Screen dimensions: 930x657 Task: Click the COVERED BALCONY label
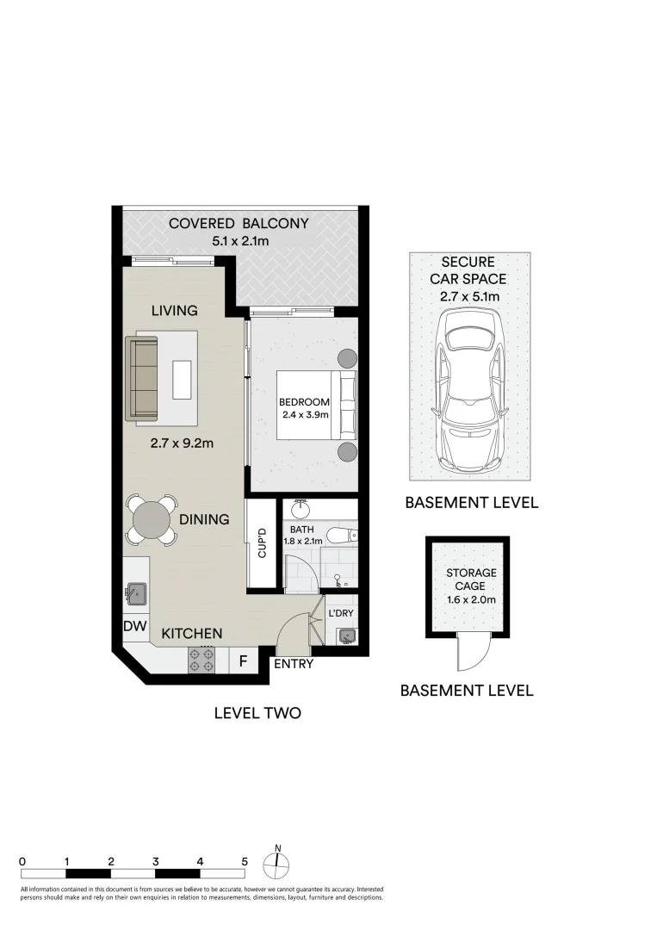coord(239,224)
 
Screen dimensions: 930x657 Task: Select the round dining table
coord(152,519)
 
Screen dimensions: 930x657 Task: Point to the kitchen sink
coord(136,593)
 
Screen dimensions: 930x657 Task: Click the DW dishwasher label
coord(133,627)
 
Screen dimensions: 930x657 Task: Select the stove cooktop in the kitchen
coord(201,660)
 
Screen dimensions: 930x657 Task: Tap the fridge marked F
coord(243,661)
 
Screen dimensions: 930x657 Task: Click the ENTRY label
coord(293,664)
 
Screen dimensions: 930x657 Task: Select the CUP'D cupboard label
coord(263,542)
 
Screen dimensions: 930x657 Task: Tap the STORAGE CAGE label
coord(470,580)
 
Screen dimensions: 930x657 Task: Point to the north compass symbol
coord(277,863)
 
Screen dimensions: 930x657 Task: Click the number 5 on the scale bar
coord(245,860)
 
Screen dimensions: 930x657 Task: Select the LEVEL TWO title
coord(257,713)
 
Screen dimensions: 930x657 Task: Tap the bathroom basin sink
coord(301,508)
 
